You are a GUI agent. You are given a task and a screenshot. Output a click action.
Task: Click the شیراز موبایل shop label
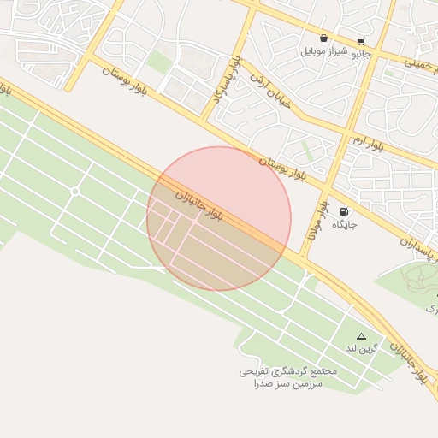[x=323, y=51]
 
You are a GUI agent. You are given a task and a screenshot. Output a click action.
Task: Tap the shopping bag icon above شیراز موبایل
[x=323, y=38]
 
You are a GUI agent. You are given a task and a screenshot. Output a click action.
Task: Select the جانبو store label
[x=362, y=53]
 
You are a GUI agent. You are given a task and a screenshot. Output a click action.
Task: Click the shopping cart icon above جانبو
[x=362, y=41]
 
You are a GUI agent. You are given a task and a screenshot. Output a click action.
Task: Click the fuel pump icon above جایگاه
[x=344, y=211]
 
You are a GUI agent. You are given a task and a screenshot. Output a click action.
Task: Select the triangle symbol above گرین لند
[x=361, y=336]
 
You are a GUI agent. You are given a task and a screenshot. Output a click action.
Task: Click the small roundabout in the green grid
[x=75, y=191]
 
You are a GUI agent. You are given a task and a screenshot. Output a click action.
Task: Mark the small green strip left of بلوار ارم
[x=307, y=151]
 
